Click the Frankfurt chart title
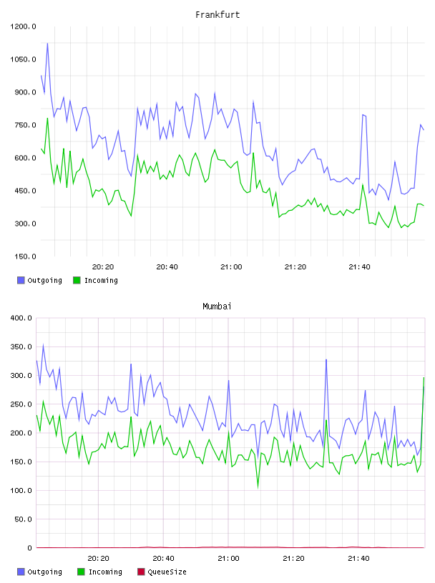[217, 15]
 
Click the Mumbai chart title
[217, 307]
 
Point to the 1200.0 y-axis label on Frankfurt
[23, 26]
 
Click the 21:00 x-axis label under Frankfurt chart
[231, 267]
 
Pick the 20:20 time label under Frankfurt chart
[103, 267]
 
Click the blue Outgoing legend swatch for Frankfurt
[21, 280]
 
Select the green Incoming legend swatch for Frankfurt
[77, 280]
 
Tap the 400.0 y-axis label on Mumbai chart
[21, 318]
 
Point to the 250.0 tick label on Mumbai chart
[21, 404]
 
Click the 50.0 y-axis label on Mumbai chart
[23, 519]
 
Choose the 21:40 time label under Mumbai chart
[358, 559]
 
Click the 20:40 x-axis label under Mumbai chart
[164, 559]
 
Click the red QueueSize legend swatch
[141, 572]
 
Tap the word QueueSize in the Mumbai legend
[167, 572]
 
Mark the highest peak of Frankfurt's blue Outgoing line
[47, 44]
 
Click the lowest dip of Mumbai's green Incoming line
[258, 487]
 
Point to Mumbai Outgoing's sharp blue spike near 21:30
[326, 359]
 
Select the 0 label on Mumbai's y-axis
[30, 548]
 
